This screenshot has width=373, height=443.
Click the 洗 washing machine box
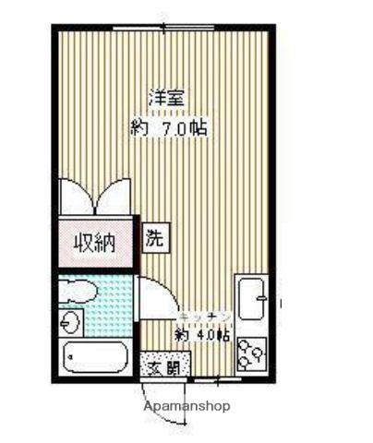click(x=156, y=237)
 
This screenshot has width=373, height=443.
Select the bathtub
click(x=97, y=356)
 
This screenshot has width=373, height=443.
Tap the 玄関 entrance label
click(x=164, y=366)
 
